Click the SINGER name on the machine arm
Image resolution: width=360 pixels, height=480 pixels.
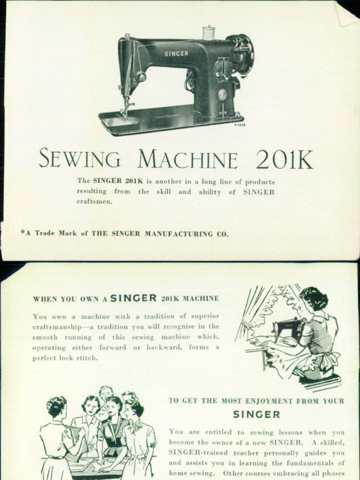pyautogui.click(x=176, y=53)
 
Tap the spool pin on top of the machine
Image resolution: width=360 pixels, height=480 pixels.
pyautogui.click(x=208, y=33)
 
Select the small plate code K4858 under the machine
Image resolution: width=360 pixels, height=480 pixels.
pyautogui.click(x=240, y=125)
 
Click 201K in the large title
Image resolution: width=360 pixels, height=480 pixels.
pyautogui.click(x=285, y=160)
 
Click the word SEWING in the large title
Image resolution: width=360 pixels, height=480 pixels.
pyautogui.click(x=79, y=159)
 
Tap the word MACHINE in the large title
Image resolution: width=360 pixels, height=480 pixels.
pyautogui.click(x=187, y=160)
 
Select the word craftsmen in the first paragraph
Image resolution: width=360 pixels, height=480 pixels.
pyautogui.click(x=95, y=202)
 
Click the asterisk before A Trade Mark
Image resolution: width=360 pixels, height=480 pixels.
pyautogui.click(x=22, y=232)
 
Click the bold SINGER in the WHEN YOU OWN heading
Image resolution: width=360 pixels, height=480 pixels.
pyautogui.click(x=134, y=298)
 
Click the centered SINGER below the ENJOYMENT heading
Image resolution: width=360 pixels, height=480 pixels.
pyautogui.click(x=256, y=414)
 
